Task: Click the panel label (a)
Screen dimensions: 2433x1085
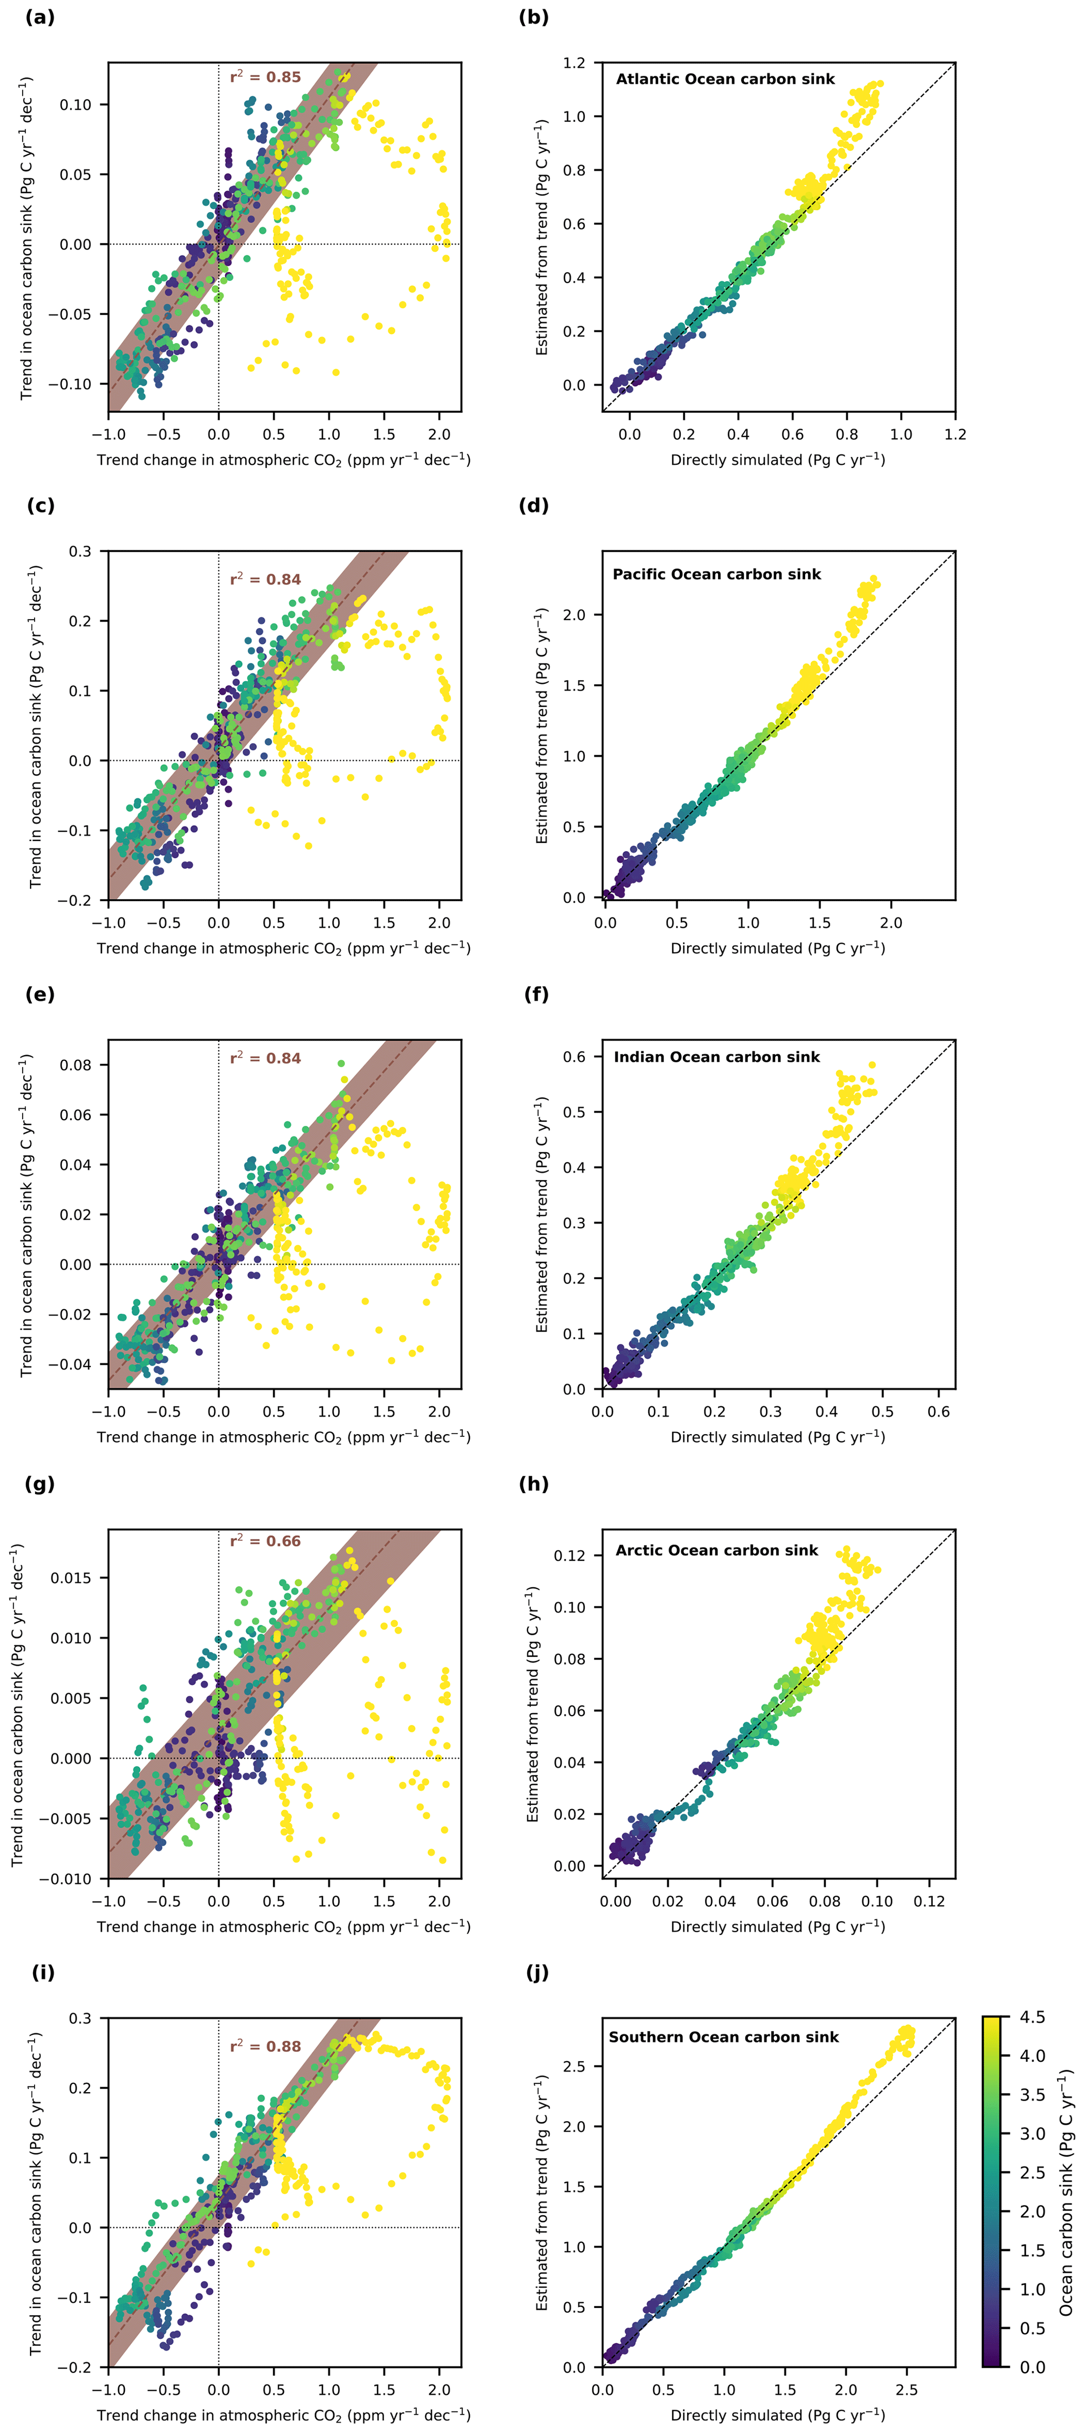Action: tap(40, 17)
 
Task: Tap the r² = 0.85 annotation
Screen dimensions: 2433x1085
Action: tap(266, 77)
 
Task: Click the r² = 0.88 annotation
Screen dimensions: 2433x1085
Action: tap(266, 2046)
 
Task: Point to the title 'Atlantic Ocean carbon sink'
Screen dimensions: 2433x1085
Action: tap(725, 79)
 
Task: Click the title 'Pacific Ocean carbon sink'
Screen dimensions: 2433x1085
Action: tap(717, 575)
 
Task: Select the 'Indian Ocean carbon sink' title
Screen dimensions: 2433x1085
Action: tap(717, 1057)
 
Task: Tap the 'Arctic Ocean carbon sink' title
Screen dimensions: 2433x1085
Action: tap(717, 1550)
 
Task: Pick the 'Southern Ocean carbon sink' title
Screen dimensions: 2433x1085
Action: tap(723, 2037)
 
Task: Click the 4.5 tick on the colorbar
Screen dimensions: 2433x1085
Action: tap(1032, 2018)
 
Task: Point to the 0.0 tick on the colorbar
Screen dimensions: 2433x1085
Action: tap(1032, 2367)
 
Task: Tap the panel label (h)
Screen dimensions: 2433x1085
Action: tap(533, 1484)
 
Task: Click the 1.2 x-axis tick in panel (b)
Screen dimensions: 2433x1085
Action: tap(955, 434)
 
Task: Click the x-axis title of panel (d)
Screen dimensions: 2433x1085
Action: tap(777, 948)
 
